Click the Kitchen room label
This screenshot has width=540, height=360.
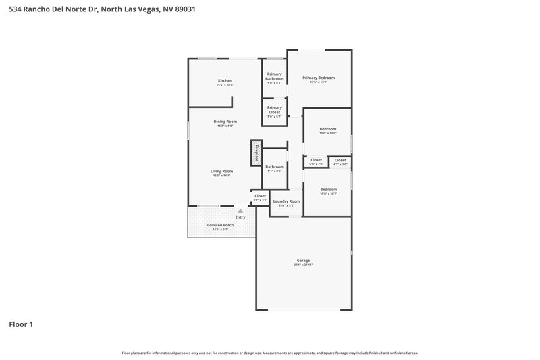pyautogui.click(x=225, y=81)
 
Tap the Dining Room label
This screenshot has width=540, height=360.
pyautogui.click(x=225, y=122)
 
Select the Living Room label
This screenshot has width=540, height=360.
pyautogui.click(x=222, y=172)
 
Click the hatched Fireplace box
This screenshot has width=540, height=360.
pyautogui.click(x=256, y=152)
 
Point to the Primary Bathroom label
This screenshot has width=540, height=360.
pyautogui.click(x=275, y=76)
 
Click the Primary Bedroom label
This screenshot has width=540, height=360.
pyautogui.click(x=318, y=78)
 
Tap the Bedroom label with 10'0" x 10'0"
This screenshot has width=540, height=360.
pyautogui.click(x=327, y=129)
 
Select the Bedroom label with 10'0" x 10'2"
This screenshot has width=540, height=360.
pyautogui.click(x=328, y=190)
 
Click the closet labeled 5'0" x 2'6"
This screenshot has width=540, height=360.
pyautogui.click(x=316, y=161)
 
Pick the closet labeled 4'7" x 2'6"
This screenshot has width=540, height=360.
pyautogui.click(x=340, y=161)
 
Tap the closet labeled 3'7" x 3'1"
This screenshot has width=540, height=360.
pyautogui.click(x=260, y=197)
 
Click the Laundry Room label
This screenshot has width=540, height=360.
pyautogui.click(x=286, y=201)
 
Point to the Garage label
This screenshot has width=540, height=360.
pyautogui.click(x=303, y=260)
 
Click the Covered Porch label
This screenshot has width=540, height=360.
pyautogui.click(x=220, y=224)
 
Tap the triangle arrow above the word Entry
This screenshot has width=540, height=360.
pyautogui.click(x=240, y=211)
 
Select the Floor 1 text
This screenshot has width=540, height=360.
pyautogui.click(x=21, y=324)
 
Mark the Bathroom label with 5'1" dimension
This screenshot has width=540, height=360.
pyautogui.click(x=275, y=167)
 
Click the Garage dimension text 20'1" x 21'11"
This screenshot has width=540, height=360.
pyautogui.click(x=303, y=265)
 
